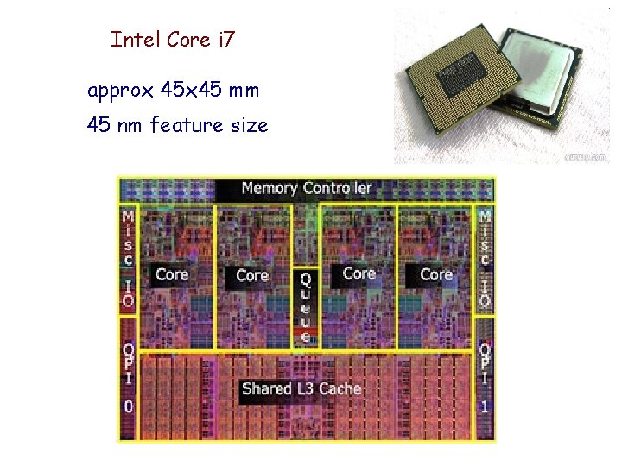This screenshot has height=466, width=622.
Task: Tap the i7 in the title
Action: [x=224, y=39]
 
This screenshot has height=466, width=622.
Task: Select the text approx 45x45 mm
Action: [x=173, y=90]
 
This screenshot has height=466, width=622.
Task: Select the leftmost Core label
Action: [x=171, y=274]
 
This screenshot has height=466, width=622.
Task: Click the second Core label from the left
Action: [x=252, y=275]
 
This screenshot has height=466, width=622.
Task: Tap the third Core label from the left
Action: [x=359, y=274]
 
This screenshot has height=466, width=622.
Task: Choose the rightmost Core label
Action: [x=436, y=274]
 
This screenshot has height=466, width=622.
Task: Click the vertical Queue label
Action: [x=305, y=307]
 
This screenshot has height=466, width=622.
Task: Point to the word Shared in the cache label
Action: [x=267, y=388]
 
